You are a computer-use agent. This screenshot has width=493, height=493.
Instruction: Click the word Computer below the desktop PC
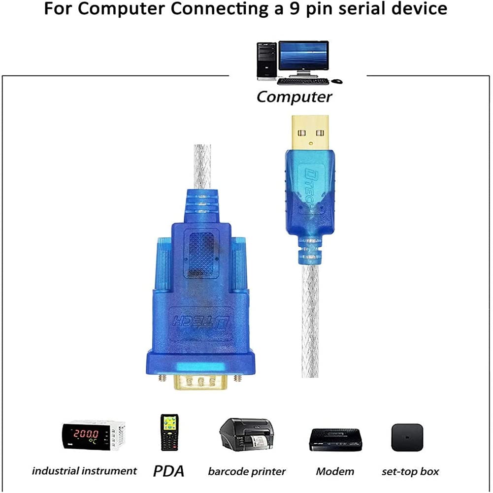[294, 97]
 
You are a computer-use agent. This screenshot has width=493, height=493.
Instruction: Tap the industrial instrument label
[84, 471]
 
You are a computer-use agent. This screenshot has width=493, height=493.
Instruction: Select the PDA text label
[168, 471]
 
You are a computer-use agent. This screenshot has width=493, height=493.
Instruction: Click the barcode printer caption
[246, 471]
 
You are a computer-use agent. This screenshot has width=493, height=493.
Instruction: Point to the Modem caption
[335, 471]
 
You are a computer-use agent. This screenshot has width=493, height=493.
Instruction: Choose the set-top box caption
[410, 471]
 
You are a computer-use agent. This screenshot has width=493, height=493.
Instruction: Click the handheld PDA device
[169, 432]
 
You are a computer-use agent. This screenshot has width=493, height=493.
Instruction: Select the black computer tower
[266, 61]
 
